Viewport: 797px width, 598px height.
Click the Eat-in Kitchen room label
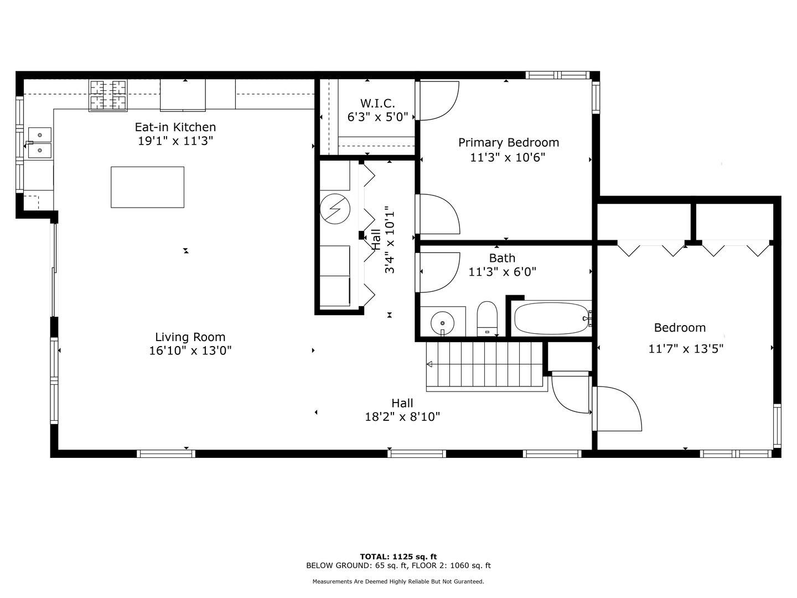(x=175, y=127)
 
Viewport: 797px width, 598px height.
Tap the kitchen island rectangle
(x=147, y=187)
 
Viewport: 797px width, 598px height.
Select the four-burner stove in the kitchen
(x=107, y=95)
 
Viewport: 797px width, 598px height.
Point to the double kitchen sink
(x=40, y=142)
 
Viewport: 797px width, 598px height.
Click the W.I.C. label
(x=377, y=103)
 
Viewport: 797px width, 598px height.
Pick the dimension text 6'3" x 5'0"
(x=377, y=117)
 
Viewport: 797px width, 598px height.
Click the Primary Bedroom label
(x=508, y=142)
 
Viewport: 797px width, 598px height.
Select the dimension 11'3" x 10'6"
(x=508, y=157)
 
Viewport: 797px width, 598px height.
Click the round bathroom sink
(x=442, y=321)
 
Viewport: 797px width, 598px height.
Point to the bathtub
(x=551, y=318)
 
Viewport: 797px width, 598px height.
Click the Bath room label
(x=502, y=258)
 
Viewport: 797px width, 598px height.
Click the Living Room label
(x=190, y=337)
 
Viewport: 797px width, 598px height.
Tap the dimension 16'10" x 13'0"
(x=190, y=350)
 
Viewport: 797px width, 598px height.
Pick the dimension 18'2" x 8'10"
(x=402, y=417)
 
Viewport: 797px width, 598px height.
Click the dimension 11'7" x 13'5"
(x=686, y=349)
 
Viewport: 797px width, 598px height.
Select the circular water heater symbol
(x=335, y=209)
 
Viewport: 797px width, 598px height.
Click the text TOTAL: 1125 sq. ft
(x=398, y=556)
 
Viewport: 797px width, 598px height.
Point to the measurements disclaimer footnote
(x=398, y=581)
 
